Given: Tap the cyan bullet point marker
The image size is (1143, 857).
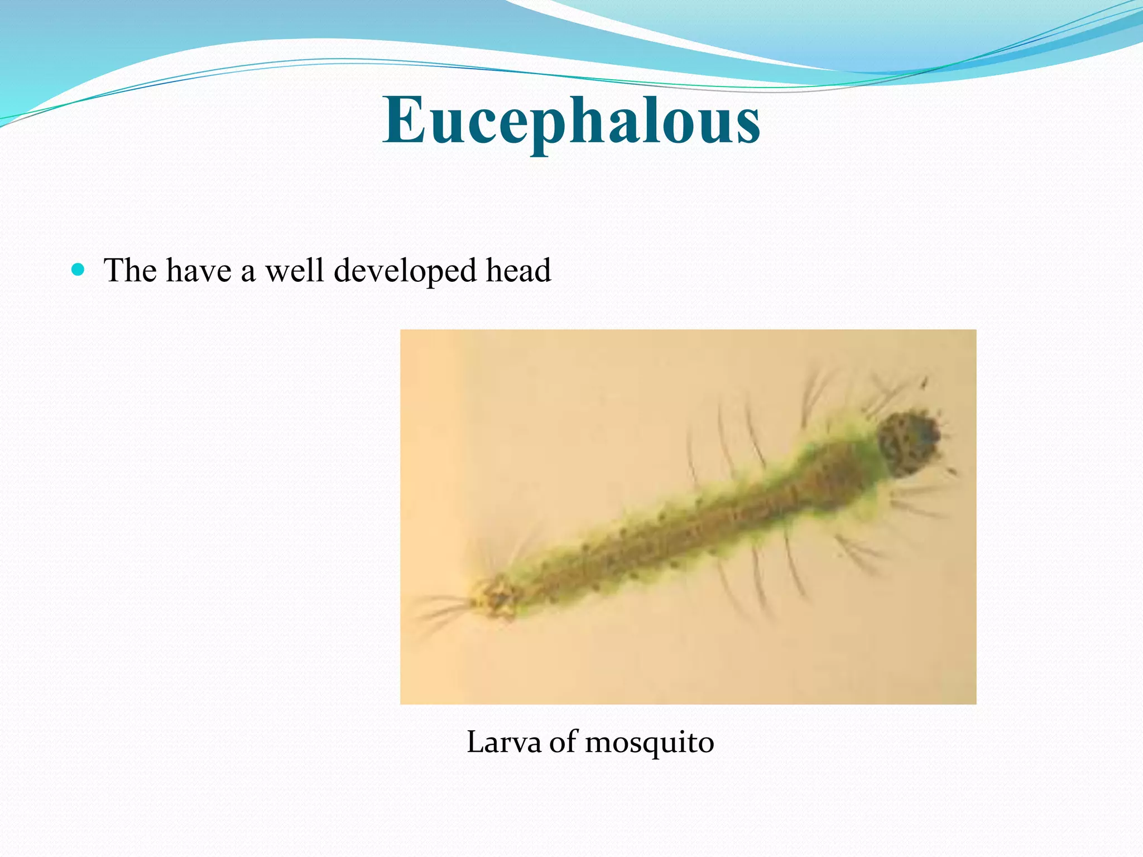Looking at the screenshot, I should pyautogui.click(x=79, y=271).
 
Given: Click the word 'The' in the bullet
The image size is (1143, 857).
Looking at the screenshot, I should pyautogui.click(x=130, y=271).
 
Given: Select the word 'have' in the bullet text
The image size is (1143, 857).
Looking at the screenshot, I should pyautogui.click(x=199, y=271).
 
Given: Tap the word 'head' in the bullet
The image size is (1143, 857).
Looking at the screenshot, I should pyautogui.click(x=518, y=271).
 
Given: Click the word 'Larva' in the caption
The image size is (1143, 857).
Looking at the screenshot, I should pyautogui.click(x=504, y=742).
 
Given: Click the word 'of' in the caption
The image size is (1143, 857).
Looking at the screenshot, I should pyautogui.click(x=564, y=742).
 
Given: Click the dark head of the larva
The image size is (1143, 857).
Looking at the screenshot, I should pyautogui.click(x=907, y=444).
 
